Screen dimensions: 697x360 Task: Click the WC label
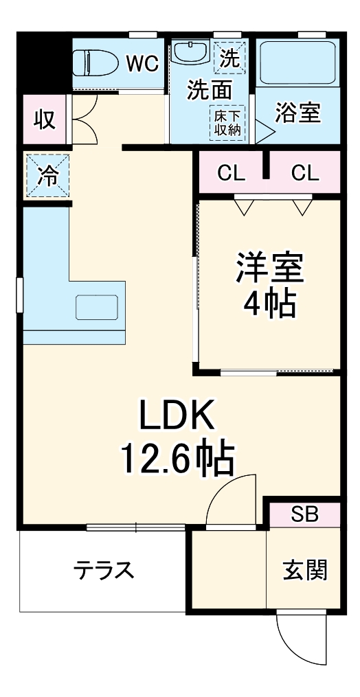[142, 63]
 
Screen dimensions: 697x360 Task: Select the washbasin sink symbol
[190, 53]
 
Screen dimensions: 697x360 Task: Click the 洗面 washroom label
[209, 90]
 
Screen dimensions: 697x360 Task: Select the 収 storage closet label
[45, 119]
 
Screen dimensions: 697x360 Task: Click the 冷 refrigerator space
[47, 176]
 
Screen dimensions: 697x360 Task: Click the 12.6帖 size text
[178, 458]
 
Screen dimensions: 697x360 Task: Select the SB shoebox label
[304, 514]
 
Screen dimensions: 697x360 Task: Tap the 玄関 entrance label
[304, 570]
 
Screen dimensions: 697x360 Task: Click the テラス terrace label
[104, 571]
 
